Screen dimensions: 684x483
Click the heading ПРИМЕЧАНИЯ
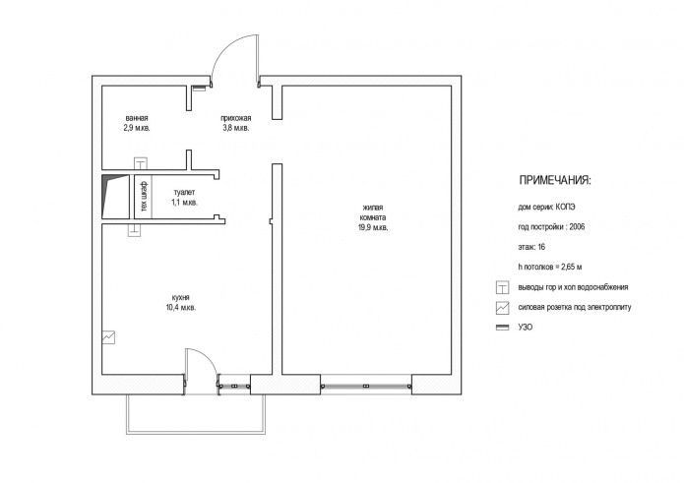coord(555,180)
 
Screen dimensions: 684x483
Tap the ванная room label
coord(137,118)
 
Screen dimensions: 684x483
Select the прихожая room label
coord(236,118)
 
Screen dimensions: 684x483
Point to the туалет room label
coord(184,192)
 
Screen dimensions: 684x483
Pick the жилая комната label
coord(373,212)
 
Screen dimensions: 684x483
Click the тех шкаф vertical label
coord(144,197)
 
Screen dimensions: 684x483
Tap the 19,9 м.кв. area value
coord(373,227)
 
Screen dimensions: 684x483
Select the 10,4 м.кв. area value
coord(181,307)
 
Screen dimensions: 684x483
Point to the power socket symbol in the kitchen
coord(108,337)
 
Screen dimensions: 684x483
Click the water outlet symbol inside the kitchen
coord(135,230)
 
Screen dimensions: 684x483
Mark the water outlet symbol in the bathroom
coord(141,163)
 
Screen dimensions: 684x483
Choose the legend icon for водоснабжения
coord(503,287)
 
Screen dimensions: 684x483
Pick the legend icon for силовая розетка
coord(503,308)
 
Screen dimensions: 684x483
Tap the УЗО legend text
coord(526,327)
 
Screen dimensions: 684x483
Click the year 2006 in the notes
coord(577,226)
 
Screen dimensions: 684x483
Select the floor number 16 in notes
coord(541,247)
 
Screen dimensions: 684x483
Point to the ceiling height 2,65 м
coord(568,267)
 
